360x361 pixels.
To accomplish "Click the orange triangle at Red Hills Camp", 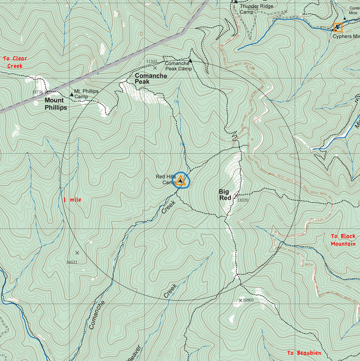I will pyautogui.click(x=180, y=180).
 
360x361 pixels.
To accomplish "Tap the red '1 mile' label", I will pyautogui.click(x=72, y=200).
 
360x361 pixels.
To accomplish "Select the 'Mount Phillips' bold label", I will pyautogui.click(x=56, y=104).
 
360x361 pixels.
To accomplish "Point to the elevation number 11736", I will pyautogui.click(x=37, y=92).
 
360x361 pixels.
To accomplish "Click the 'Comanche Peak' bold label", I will pyautogui.click(x=151, y=79).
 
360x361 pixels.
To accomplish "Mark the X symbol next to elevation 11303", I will pyautogui.click(x=155, y=68).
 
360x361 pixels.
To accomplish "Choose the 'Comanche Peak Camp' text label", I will pyautogui.click(x=178, y=66).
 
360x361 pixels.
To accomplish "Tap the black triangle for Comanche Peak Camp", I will pyautogui.click(x=190, y=61).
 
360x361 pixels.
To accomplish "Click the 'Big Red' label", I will pyautogui.click(x=224, y=195).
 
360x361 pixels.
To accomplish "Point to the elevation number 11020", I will pyautogui.click(x=243, y=200).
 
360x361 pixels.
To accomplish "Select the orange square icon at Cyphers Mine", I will pyautogui.click(x=338, y=27).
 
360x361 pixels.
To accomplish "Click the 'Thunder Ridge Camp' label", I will pyautogui.click(x=256, y=9).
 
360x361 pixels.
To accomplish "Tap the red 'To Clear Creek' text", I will pyautogui.click(x=15, y=62).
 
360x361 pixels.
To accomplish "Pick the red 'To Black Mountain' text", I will pyautogui.click(x=343, y=240).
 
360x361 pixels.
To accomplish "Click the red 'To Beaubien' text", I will pyautogui.click(x=304, y=353).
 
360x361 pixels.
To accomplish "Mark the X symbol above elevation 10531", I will pyautogui.click(x=77, y=253).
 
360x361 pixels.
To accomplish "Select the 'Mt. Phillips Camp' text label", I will pyautogui.click(x=86, y=94).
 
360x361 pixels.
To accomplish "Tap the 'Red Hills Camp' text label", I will pyautogui.click(x=166, y=179).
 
